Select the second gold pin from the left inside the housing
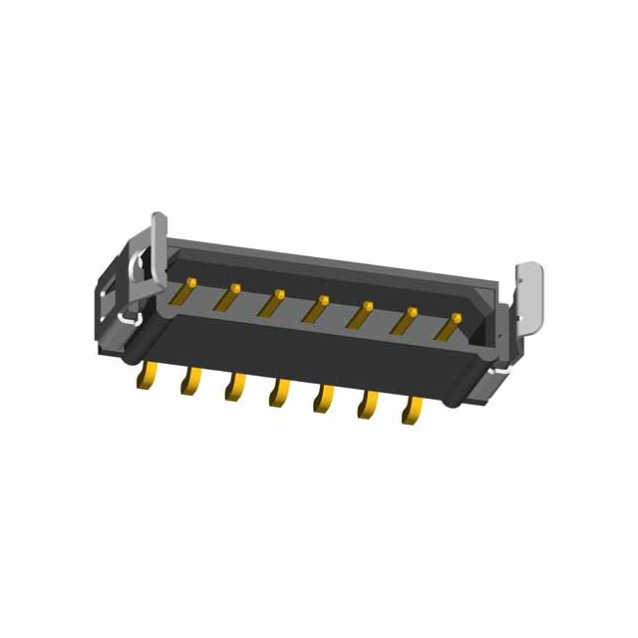(x=228, y=297)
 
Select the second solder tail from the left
(x=189, y=383)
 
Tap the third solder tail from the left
(x=234, y=390)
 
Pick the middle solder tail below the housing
(x=278, y=396)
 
